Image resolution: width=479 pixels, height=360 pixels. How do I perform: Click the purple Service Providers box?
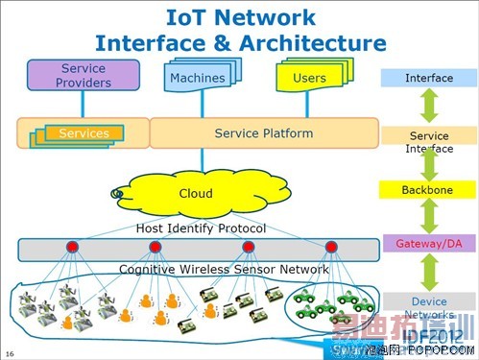click(84, 75)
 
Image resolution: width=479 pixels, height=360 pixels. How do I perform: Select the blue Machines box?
click(197, 77)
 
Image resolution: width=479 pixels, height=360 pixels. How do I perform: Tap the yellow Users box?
click(308, 77)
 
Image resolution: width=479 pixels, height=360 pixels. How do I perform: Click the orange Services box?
click(84, 133)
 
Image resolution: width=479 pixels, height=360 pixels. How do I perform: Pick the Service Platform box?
click(263, 133)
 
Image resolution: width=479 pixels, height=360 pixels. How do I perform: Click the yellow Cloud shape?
click(196, 193)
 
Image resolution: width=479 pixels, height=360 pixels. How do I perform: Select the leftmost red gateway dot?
click(72, 248)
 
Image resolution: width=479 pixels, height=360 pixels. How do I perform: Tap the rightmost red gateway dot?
click(331, 248)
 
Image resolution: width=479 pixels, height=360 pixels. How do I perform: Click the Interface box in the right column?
click(428, 78)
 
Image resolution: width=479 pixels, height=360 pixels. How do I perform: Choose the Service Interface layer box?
click(428, 142)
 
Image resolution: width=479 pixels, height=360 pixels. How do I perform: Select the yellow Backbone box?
click(428, 191)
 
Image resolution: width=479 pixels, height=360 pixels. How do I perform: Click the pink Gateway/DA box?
click(428, 244)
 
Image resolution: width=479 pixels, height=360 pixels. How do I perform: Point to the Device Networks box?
click(428, 306)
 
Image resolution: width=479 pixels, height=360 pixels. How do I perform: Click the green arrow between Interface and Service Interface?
click(428, 107)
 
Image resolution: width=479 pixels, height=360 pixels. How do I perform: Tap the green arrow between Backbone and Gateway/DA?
click(428, 217)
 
